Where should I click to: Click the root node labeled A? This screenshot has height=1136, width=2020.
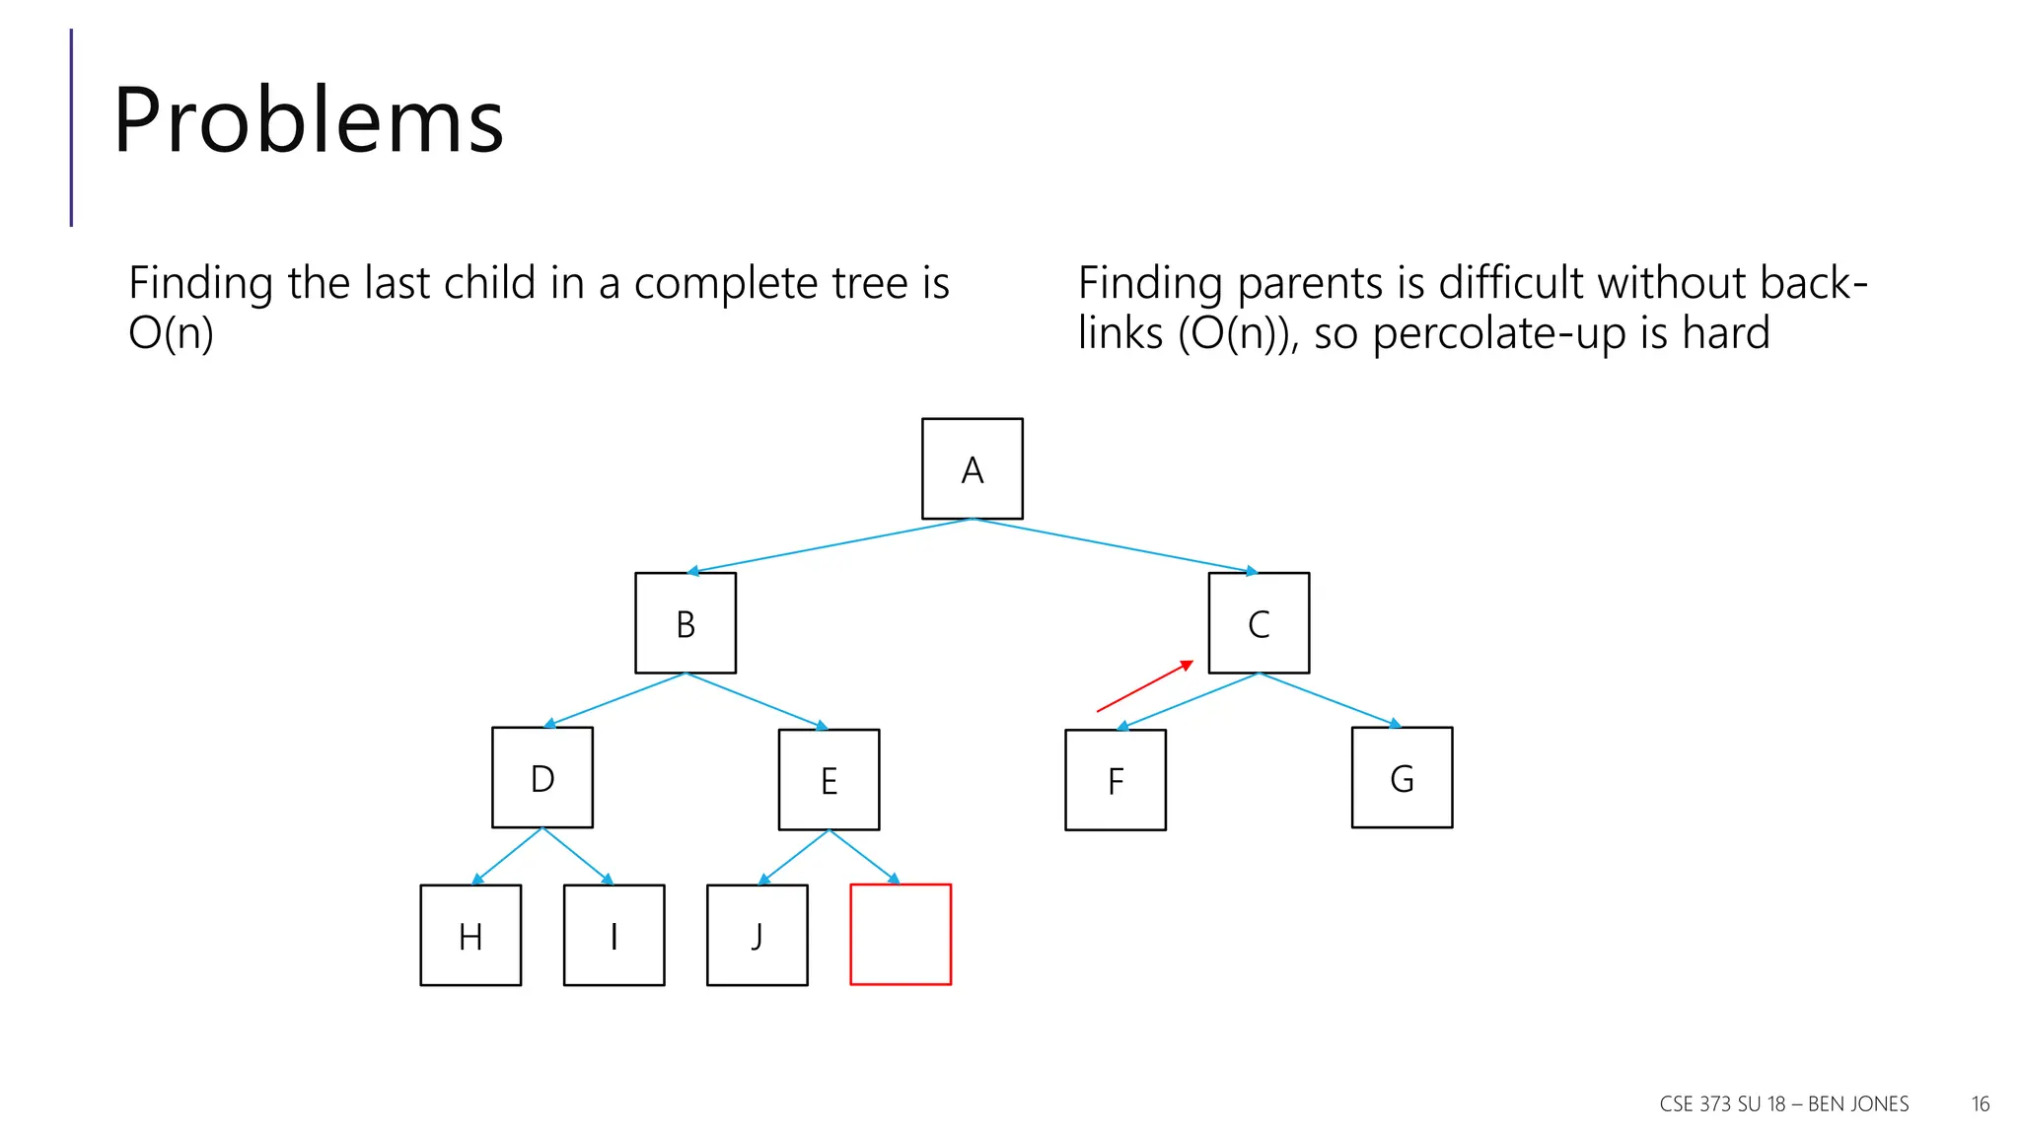pos(972,468)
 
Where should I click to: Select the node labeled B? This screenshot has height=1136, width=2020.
pos(685,623)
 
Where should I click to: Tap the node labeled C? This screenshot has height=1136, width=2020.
pos(1259,623)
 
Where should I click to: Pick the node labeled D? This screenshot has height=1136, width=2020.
pos(542,778)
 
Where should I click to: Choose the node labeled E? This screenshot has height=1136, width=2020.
pos(829,780)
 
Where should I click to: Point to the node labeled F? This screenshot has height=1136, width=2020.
pos(1116,780)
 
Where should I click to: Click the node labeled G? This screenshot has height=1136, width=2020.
pos(1402,778)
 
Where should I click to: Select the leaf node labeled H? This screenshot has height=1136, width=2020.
pos(470,935)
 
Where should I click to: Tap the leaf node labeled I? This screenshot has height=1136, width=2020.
pos(613,935)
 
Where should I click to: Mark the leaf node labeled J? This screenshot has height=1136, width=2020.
pos(757,935)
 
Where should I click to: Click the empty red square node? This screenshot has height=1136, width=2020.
pos(901,935)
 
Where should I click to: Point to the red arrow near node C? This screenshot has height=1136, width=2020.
pos(1144,686)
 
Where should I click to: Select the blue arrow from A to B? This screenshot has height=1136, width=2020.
pos(829,545)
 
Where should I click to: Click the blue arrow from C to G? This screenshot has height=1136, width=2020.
pos(1330,700)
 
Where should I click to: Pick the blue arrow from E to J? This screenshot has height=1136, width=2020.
pos(794,856)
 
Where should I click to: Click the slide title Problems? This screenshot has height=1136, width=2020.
pos(309,120)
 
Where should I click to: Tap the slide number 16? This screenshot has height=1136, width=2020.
pos(1981,1104)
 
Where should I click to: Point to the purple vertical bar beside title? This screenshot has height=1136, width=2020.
pos(71,128)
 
